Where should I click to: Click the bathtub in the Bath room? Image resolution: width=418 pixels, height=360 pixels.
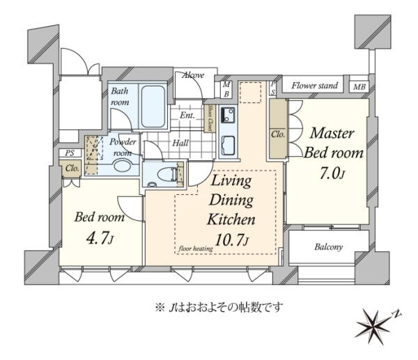tap(153, 107)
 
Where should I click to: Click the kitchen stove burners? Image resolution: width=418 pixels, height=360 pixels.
tap(227, 115)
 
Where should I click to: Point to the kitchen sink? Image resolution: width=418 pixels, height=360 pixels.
tap(229, 146)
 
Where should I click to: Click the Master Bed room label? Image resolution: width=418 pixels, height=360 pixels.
tap(333, 143)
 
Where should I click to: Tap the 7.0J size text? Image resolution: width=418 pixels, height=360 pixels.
tap(332, 174)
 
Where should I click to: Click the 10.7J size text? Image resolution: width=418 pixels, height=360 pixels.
tap(231, 240)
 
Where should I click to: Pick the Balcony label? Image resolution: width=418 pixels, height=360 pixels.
tap(328, 247)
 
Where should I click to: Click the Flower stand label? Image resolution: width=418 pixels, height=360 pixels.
tap(315, 86)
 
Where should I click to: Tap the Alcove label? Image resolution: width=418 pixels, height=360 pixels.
tap(193, 75)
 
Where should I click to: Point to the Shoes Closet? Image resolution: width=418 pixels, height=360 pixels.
tap(210, 118)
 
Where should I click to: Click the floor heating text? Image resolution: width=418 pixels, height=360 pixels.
tap(196, 249)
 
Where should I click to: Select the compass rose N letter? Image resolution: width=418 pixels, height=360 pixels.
tap(397, 314)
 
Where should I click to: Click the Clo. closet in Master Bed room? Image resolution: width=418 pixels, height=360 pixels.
tap(278, 130)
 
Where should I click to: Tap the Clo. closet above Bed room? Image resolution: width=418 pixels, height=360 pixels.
tap(72, 168)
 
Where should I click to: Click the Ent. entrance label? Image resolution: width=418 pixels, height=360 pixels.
tap(187, 116)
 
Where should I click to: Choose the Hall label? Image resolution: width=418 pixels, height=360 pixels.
tap(180, 143)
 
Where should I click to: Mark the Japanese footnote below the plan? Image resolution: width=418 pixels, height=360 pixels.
tap(219, 308)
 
